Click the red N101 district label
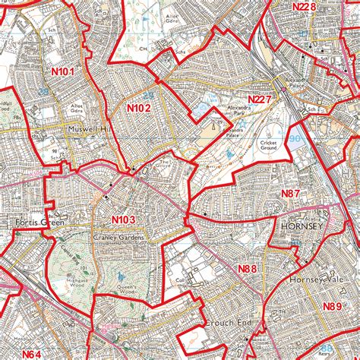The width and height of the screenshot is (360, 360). click(64, 71)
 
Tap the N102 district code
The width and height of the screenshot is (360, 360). click(138, 109)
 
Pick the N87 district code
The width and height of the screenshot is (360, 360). click(291, 194)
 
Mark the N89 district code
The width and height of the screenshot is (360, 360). click(332, 306)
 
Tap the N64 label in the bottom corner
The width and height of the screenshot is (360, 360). click(31, 353)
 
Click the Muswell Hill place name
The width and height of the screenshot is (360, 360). click(90, 130)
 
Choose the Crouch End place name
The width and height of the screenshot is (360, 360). click(227, 323)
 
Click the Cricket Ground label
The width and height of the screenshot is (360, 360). click(270, 145)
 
